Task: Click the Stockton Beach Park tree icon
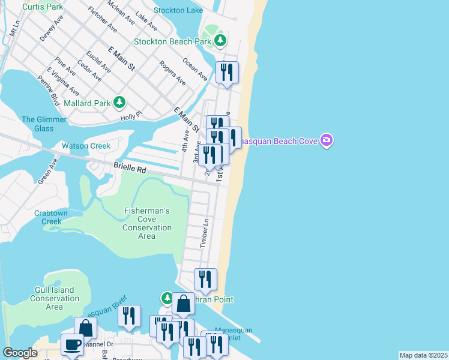221,41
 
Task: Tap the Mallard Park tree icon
119,103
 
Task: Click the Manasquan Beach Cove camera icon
326,141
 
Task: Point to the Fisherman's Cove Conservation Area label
147,223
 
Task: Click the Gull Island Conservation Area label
55,298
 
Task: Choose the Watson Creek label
86,146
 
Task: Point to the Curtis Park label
43,7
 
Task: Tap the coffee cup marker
73,344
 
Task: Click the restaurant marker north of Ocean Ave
227,73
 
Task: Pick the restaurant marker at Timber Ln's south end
205,279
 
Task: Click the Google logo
20,353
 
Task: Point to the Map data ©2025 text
423,355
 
